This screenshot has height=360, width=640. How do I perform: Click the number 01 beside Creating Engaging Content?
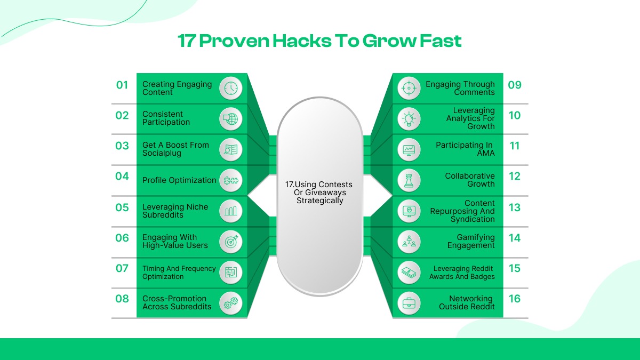122,85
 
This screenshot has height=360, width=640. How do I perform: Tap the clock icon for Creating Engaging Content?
231,88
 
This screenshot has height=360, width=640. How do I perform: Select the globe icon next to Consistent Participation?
231,119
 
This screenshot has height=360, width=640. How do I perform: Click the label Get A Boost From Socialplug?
175,149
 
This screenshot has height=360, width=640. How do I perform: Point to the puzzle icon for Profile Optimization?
231,181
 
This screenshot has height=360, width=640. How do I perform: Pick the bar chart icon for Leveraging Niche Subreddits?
231,211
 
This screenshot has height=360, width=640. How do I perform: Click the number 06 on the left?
122,238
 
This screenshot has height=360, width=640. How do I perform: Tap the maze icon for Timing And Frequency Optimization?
231,273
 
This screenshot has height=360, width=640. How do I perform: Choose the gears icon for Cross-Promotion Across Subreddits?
231,303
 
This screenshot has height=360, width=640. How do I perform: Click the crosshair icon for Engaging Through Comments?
409,88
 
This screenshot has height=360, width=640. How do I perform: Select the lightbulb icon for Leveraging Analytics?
409,119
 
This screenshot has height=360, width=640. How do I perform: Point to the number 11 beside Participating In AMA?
514,146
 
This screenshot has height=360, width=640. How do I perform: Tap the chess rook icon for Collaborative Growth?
409,181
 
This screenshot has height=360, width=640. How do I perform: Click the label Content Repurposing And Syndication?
462,211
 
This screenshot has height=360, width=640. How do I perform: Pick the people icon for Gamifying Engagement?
409,242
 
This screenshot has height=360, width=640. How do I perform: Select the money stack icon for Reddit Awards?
409,273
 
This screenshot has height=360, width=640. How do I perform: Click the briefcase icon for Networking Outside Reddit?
409,303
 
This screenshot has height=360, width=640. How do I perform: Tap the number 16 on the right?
514,299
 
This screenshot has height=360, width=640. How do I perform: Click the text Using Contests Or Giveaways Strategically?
319,193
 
